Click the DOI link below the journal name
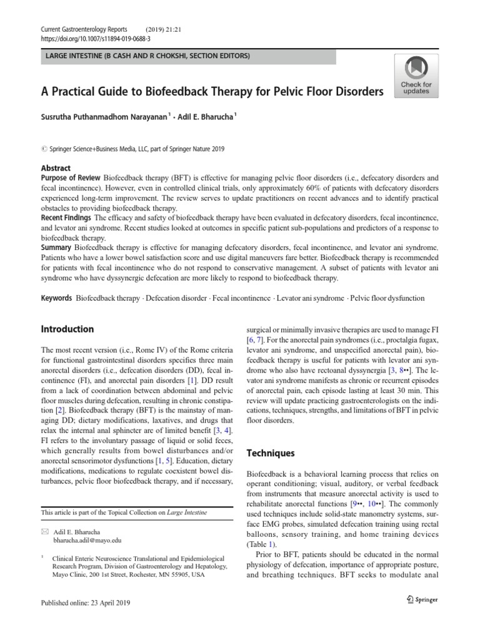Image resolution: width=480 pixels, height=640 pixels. [91, 38]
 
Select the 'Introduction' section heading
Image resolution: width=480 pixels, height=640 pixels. [67, 329]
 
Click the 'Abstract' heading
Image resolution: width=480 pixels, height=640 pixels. [56, 169]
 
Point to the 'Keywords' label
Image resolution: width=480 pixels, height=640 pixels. [56, 298]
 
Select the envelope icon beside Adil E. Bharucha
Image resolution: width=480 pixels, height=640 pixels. [44, 530]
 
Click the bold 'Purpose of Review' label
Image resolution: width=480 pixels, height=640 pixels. [71, 178]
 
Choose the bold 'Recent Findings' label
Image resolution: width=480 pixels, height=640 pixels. [66, 218]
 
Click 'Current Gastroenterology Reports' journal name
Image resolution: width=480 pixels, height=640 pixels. [84, 29]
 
